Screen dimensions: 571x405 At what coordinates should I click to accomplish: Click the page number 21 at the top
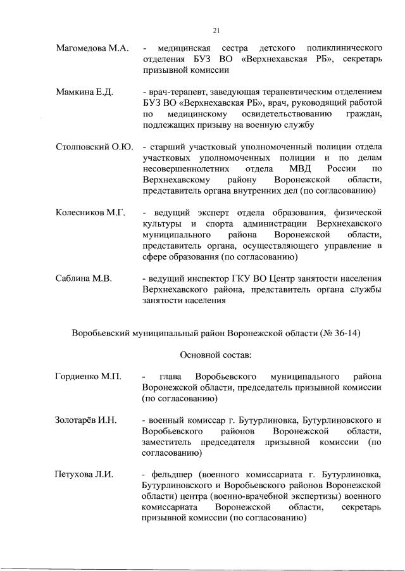point(216,30)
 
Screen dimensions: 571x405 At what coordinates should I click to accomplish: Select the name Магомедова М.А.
point(92,49)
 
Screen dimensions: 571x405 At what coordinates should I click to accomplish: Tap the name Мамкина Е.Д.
point(84,92)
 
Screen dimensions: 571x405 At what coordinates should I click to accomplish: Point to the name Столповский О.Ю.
point(94,147)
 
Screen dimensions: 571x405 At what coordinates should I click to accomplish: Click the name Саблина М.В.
point(84,279)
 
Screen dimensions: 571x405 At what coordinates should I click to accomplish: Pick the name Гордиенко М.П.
point(88,378)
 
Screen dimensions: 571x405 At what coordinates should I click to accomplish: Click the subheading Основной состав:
point(216,355)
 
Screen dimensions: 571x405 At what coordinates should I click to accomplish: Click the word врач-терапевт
point(176,92)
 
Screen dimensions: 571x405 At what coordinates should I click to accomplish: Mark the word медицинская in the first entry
point(183,49)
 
